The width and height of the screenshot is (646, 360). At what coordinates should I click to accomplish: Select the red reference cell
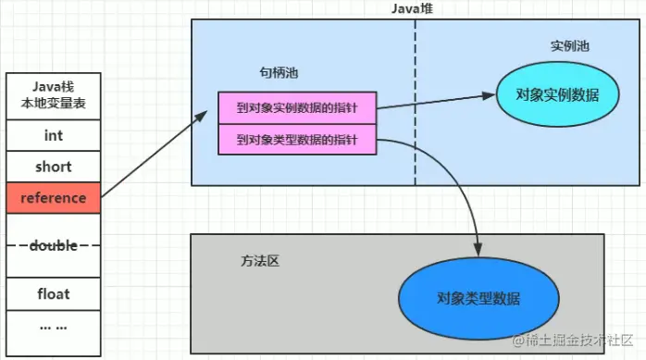(x=53, y=197)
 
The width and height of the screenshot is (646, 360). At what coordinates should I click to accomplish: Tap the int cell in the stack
(x=53, y=135)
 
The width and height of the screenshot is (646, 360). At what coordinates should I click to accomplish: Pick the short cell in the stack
(x=53, y=167)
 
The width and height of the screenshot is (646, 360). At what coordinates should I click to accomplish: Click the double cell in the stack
(x=53, y=245)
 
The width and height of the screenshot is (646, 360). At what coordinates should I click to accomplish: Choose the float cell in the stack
(x=53, y=294)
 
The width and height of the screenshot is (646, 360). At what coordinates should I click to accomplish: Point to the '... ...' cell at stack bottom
(x=53, y=326)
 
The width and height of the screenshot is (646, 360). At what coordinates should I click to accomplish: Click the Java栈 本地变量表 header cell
(x=53, y=95)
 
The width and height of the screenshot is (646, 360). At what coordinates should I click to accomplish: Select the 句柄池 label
(x=279, y=72)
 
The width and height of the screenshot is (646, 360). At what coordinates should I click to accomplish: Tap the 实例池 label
(x=569, y=45)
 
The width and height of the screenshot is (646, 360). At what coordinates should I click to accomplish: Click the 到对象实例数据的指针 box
(x=297, y=107)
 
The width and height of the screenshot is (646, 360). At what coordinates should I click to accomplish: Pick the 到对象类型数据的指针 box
(x=297, y=139)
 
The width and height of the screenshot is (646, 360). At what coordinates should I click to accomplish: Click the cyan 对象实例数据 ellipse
(x=559, y=95)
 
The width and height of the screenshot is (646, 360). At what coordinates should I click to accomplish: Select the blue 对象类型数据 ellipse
(x=478, y=298)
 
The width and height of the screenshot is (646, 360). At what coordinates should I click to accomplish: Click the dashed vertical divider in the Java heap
(x=415, y=139)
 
